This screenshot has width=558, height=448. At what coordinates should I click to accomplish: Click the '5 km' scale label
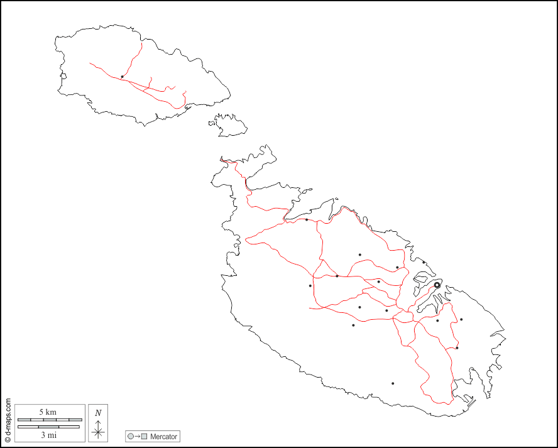coord(48,412)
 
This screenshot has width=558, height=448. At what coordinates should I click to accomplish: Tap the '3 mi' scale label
coord(48,434)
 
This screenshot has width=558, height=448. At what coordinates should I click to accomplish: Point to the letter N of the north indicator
coord(98,413)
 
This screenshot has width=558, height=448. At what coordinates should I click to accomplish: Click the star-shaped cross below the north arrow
coord(98,432)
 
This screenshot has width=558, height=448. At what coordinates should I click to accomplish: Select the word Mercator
coord(163,436)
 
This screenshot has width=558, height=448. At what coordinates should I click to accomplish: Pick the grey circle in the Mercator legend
coord(131,436)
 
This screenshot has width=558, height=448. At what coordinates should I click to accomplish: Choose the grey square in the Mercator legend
coord(145,436)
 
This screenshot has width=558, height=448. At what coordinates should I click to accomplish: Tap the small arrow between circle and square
coord(138,436)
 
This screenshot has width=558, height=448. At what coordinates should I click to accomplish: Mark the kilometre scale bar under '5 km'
coord(49,419)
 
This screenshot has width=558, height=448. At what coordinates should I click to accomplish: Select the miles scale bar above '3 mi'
coord(49,427)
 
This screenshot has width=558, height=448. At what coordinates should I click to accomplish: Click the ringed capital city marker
coord(437,285)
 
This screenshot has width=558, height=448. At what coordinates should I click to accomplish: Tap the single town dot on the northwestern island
coord(122,77)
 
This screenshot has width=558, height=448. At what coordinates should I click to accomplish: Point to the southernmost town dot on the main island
coord(393,383)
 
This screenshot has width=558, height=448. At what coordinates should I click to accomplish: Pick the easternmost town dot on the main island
coord(461,319)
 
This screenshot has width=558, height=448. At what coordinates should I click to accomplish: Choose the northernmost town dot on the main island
coord(307,219)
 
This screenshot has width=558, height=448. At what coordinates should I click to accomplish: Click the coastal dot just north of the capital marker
coord(424,263)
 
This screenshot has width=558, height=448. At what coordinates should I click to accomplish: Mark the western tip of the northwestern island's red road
coord(90,63)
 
